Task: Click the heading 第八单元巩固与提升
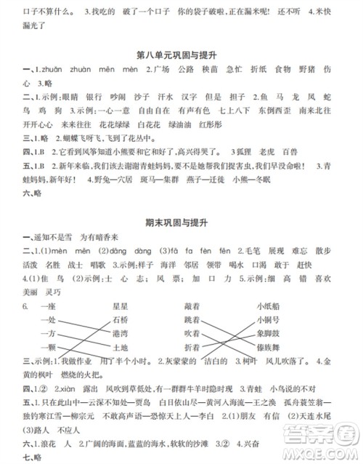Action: (x=181, y=54)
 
